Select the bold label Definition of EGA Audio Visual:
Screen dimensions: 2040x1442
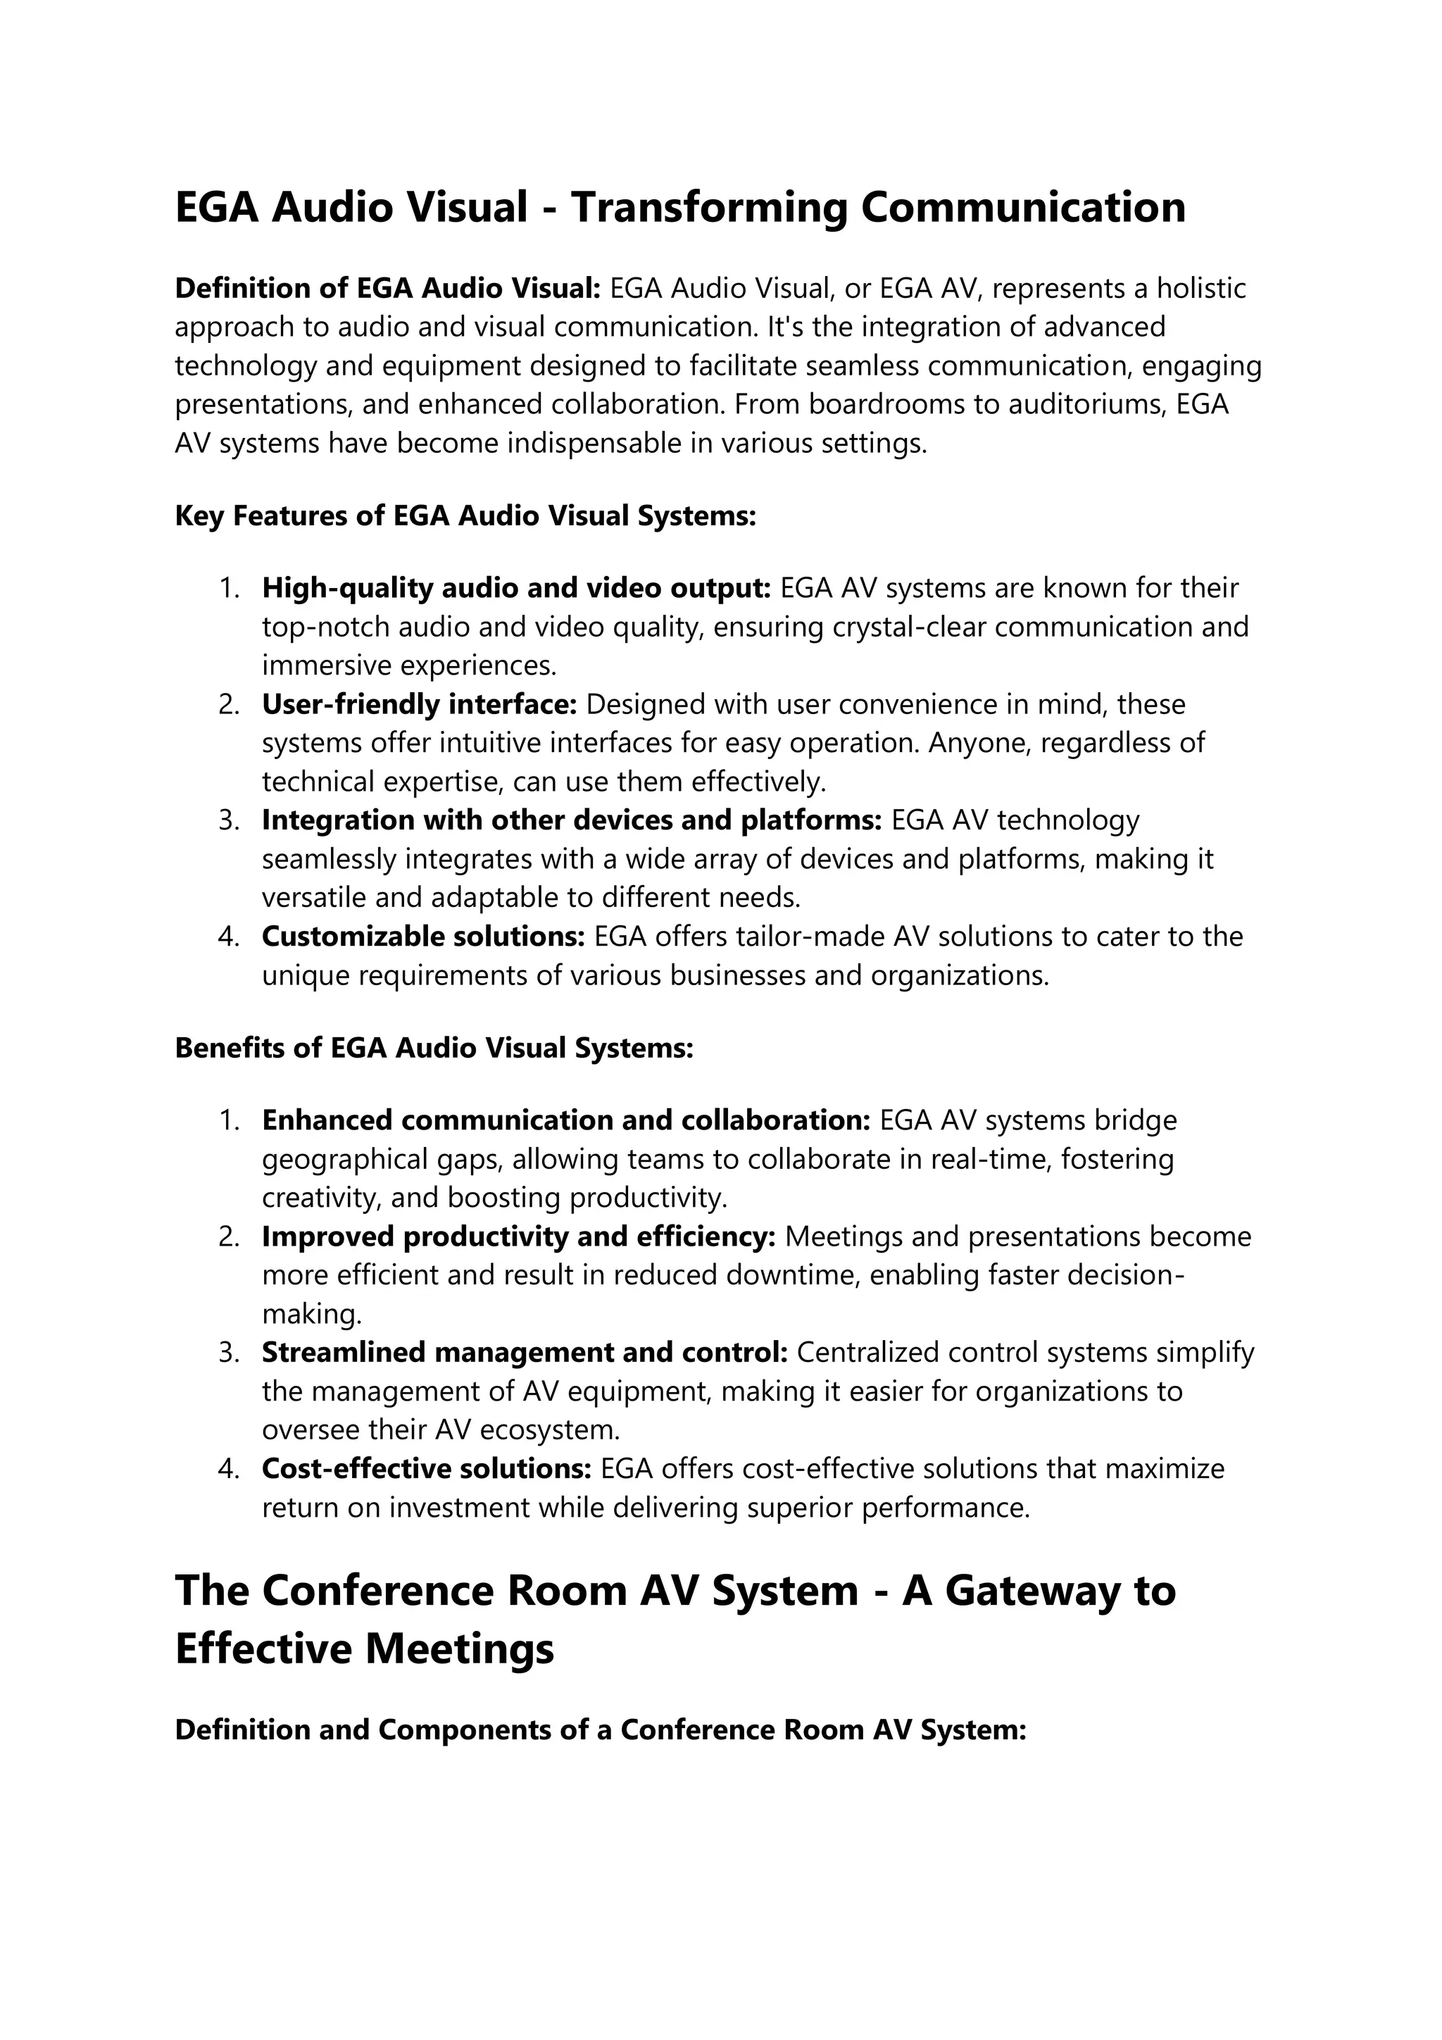(388, 289)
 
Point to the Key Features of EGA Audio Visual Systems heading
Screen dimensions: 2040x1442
(465, 516)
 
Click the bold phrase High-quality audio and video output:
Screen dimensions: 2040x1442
(515, 588)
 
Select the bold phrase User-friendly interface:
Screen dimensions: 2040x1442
(420, 705)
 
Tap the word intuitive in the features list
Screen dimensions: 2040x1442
(468, 743)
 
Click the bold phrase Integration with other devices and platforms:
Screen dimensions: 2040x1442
(571, 820)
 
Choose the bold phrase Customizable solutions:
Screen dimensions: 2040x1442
(423, 937)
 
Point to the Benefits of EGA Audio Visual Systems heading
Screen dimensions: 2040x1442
(434, 1049)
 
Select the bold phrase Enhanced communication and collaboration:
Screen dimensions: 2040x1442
(566, 1120)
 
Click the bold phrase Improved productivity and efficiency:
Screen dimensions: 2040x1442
(519, 1237)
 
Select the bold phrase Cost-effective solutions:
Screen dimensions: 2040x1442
(427, 1469)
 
